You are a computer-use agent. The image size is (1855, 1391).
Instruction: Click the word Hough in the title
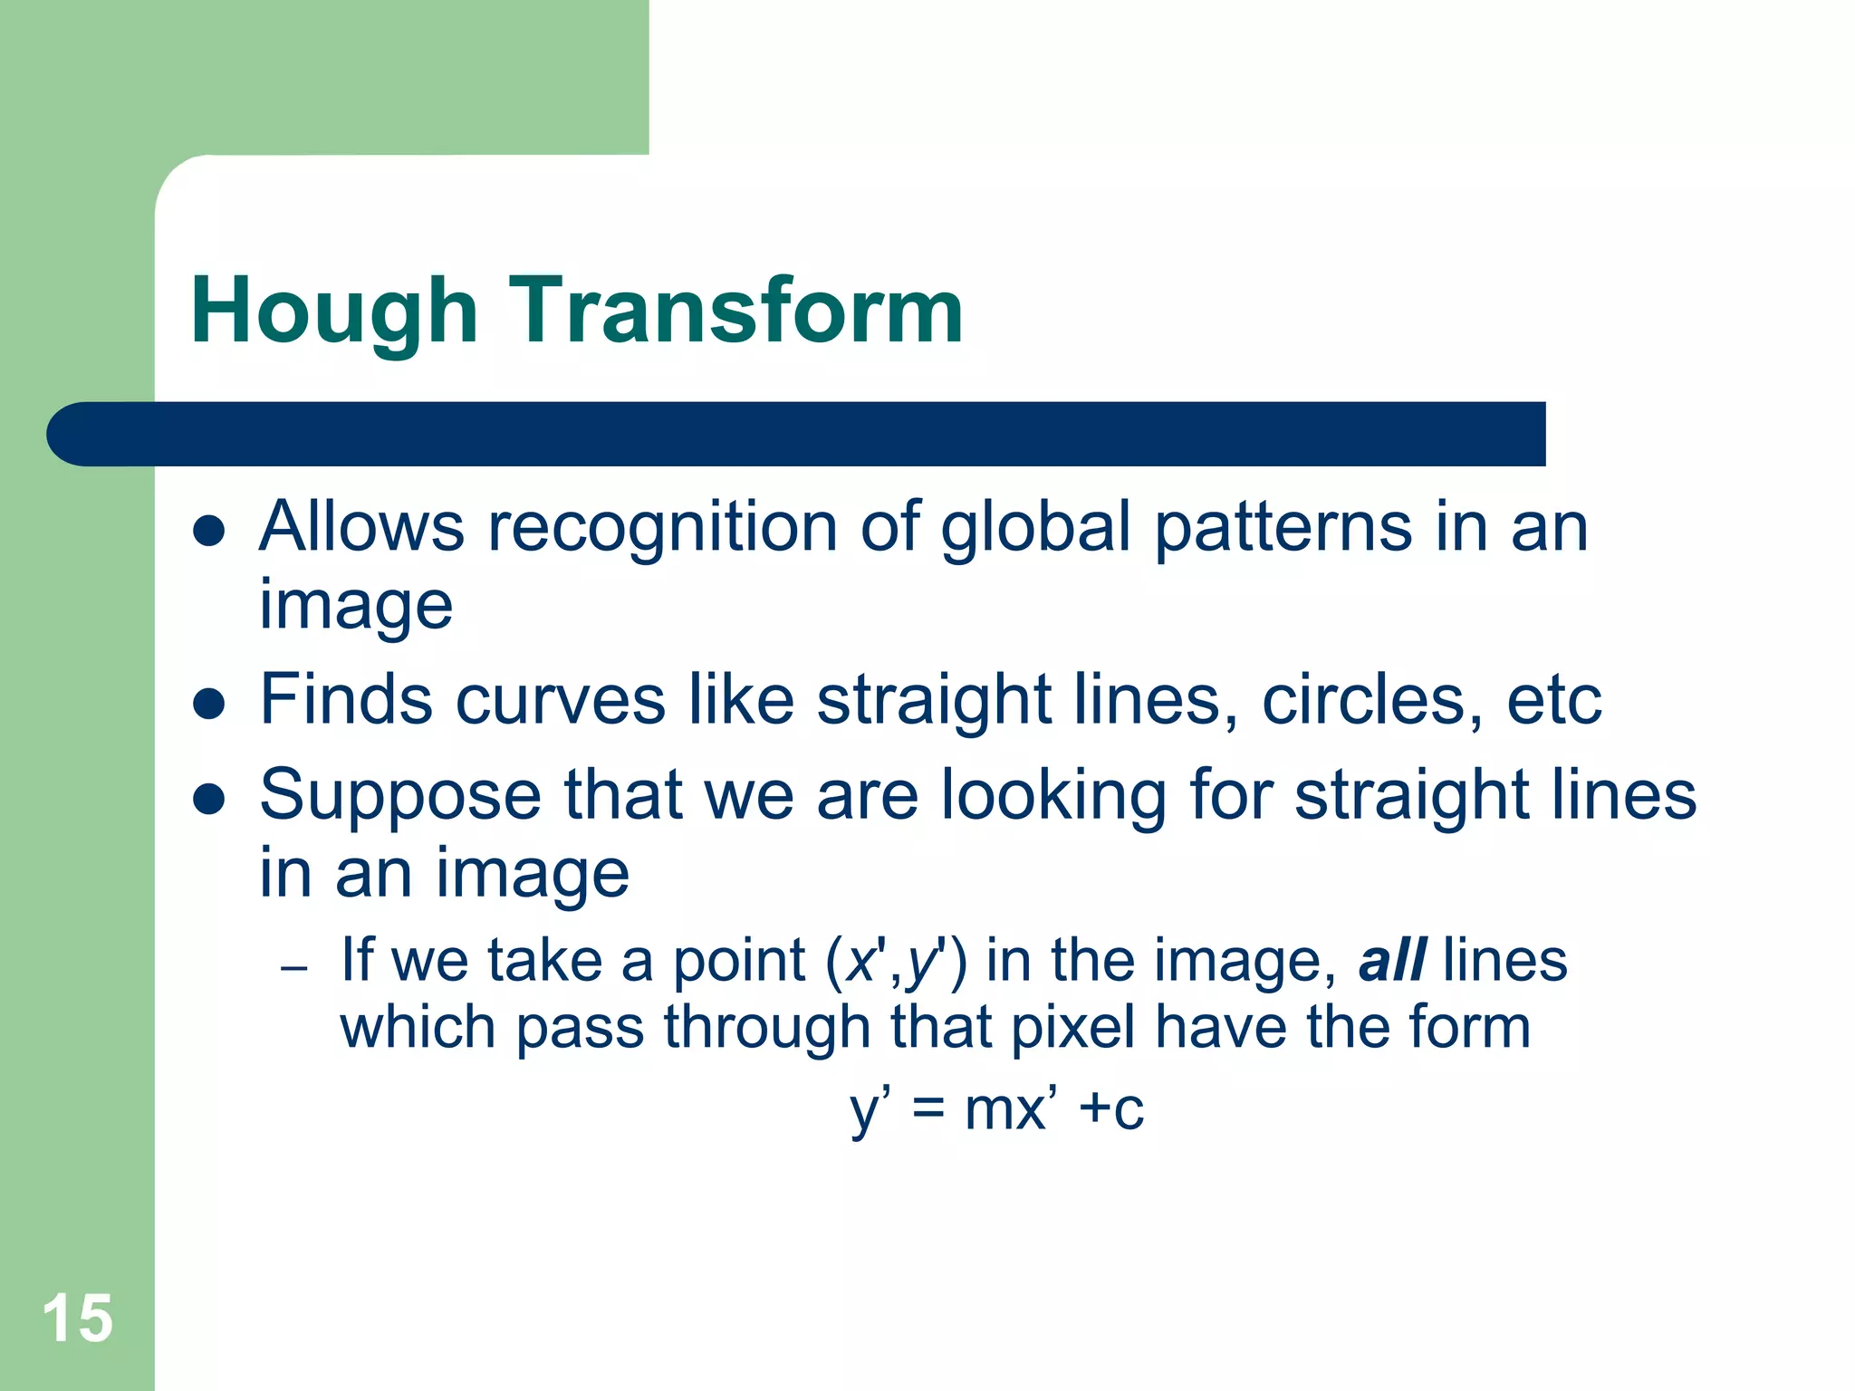pyautogui.click(x=333, y=312)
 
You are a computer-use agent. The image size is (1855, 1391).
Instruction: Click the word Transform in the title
pyautogui.click(x=735, y=311)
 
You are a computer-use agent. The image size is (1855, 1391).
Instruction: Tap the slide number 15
pyautogui.click(x=77, y=1319)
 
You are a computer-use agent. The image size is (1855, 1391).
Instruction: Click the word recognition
pyautogui.click(x=662, y=528)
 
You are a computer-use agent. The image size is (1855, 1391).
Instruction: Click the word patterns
pyautogui.click(x=1283, y=528)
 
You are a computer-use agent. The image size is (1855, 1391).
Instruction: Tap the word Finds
pyautogui.click(x=345, y=699)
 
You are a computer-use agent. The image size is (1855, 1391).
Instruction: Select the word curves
pyautogui.click(x=560, y=701)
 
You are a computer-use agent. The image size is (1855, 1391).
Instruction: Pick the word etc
pyautogui.click(x=1553, y=701)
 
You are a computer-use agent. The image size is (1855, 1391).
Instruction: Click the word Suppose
pyautogui.click(x=400, y=796)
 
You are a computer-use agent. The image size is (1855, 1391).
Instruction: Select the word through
pyautogui.click(x=766, y=1030)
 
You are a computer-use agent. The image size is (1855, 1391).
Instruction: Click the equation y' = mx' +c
pyautogui.click(x=996, y=1109)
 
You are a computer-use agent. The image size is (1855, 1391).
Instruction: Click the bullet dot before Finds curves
pyautogui.click(x=209, y=704)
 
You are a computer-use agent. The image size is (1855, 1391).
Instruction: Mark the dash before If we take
pyautogui.click(x=294, y=969)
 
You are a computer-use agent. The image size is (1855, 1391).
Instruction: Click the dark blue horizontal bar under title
pyautogui.click(x=797, y=434)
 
